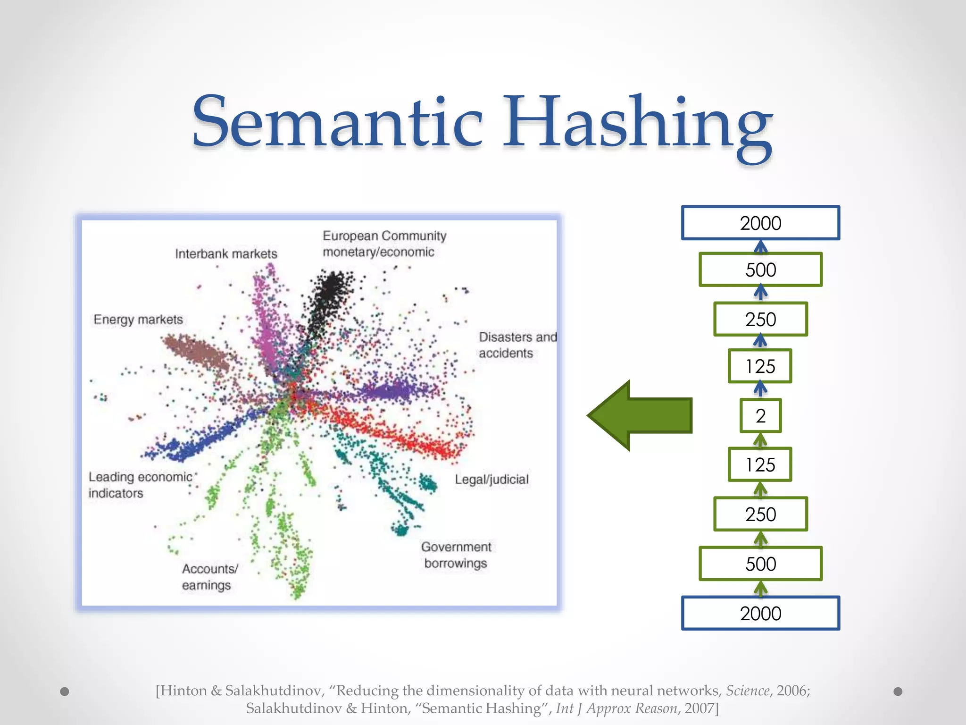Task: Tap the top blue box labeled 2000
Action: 760,223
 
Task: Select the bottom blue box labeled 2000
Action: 760,613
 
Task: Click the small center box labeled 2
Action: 760,416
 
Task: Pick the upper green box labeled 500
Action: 760,270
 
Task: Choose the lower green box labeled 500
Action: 760,564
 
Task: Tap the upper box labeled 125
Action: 760,366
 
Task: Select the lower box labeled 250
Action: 760,514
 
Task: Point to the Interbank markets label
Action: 226,254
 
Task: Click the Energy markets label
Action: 138,320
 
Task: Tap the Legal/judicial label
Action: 491,480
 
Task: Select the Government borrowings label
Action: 456,555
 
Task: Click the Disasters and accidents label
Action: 517,345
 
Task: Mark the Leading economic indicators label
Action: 140,485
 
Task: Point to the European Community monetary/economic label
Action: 384,244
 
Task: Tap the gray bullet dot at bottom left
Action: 65,691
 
